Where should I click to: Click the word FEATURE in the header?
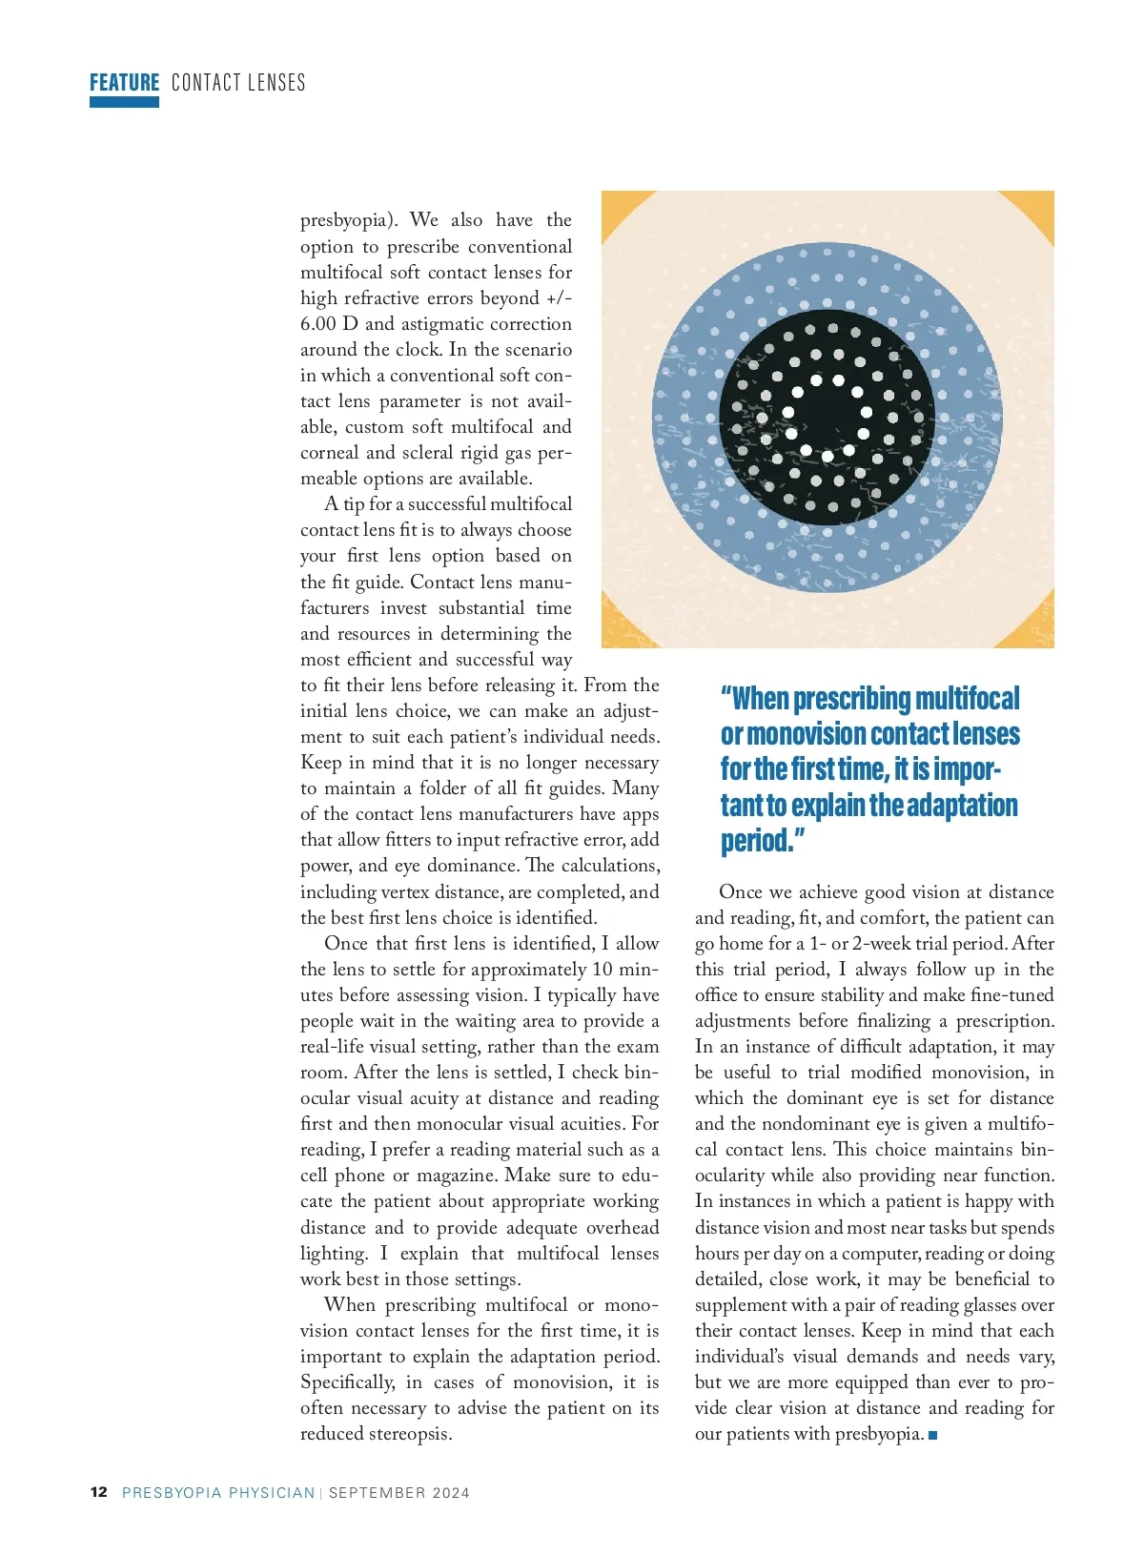pos(124,83)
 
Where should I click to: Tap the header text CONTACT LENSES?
pos(238,83)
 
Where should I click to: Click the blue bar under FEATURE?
pos(124,102)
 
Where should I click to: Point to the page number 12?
pos(99,1492)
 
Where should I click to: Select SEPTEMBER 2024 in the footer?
pos(398,1493)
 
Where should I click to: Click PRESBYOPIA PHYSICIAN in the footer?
pos(218,1493)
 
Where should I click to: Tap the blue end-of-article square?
pos(932,1435)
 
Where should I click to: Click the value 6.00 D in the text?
pos(329,324)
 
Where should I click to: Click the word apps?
pos(641,814)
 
